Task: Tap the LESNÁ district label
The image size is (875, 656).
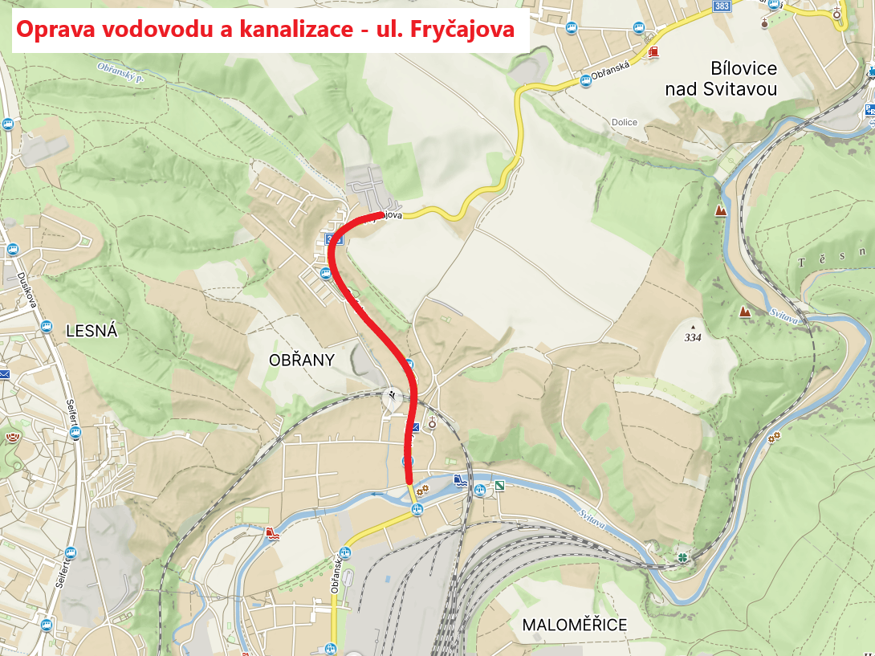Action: (x=92, y=330)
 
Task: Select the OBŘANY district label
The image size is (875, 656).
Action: (x=301, y=361)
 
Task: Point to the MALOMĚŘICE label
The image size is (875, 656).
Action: (x=574, y=625)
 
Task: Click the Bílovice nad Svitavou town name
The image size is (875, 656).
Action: (x=721, y=78)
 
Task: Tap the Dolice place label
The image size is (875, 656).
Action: (x=624, y=123)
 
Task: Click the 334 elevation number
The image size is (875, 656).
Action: (x=692, y=338)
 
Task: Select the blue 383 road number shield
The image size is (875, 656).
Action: (x=721, y=6)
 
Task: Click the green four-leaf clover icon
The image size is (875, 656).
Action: (x=682, y=556)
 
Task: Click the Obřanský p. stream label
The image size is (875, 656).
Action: (x=117, y=73)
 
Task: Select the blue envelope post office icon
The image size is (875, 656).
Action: (x=4, y=374)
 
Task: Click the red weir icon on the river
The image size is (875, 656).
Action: (x=272, y=532)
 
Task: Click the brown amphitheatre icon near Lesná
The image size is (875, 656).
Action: (x=13, y=438)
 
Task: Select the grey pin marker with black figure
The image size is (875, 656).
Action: (x=391, y=398)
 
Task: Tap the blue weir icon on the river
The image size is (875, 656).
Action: (x=459, y=480)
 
